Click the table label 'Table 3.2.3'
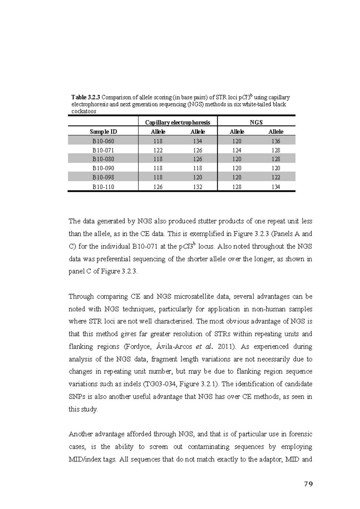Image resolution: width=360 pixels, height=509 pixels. coord(86,97)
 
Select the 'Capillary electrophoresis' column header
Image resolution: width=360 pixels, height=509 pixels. coord(178,122)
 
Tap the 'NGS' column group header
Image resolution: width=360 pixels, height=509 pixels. coord(256,122)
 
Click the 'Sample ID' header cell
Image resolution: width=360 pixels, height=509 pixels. coord(103,132)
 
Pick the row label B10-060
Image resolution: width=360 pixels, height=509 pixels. coord(103,141)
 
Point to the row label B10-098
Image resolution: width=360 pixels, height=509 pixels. coord(103,177)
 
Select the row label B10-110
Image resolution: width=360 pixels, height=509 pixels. coord(103,187)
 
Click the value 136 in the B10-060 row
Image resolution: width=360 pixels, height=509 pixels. coord(276,141)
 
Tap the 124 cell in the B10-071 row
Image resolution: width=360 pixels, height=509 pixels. coord(237,150)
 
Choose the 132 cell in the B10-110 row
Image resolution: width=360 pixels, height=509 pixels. coord(197,187)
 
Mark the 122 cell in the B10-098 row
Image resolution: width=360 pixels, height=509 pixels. coord(276,177)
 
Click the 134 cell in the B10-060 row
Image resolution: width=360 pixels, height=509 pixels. coord(197,141)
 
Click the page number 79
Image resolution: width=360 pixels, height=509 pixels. coord(308,484)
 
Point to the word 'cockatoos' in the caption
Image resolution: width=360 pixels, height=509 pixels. coord(84,112)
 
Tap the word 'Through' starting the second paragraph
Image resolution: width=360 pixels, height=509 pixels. coord(81,296)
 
